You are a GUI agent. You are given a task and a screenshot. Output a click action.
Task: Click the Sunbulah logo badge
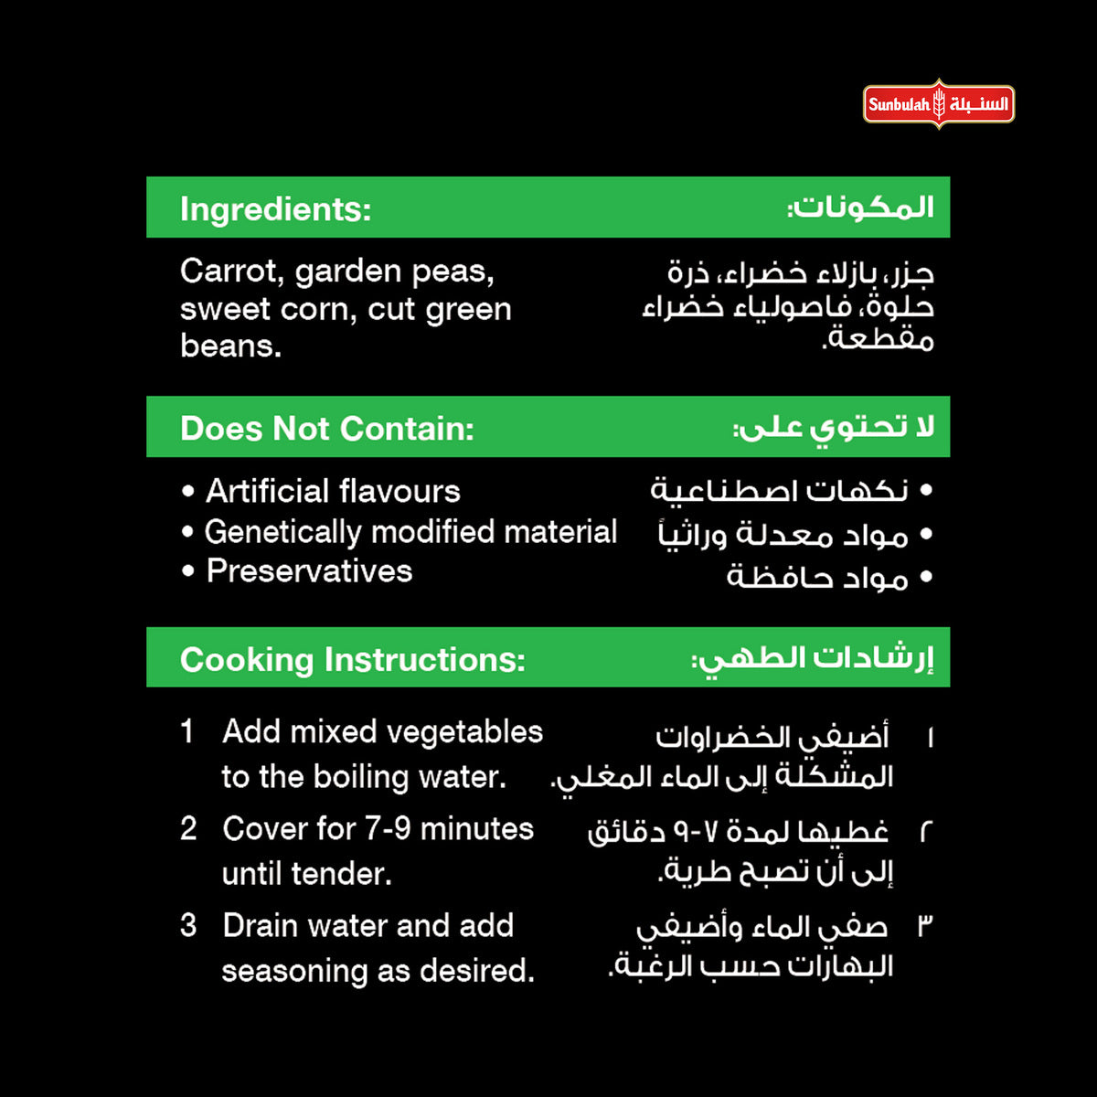click(x=938, y=104)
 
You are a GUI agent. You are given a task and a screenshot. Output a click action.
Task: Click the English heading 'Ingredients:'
click(x=275, y=209)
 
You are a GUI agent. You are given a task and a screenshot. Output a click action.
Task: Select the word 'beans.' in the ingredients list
click(x=230, y=346)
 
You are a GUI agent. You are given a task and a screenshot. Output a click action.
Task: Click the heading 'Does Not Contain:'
click(x=326, y=429)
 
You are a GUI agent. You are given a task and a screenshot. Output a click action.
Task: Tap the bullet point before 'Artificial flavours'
click(x=188, y=492)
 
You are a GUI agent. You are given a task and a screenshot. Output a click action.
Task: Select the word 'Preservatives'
click(x=309, y=571)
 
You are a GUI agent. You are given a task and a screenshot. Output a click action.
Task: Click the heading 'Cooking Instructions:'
click(x=352, y=659)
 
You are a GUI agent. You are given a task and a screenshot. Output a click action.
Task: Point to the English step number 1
click(x=187, y=731)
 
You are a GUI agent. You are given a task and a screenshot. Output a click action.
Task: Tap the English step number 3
click(x=188, y=925)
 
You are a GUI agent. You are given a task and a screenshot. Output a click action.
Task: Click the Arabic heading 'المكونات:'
click(x=860, y=208)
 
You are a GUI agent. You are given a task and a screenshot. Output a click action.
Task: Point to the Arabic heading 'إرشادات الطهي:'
click(x=813, y=658)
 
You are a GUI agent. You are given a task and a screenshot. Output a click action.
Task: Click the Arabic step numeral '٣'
click(x=925, y=926)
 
